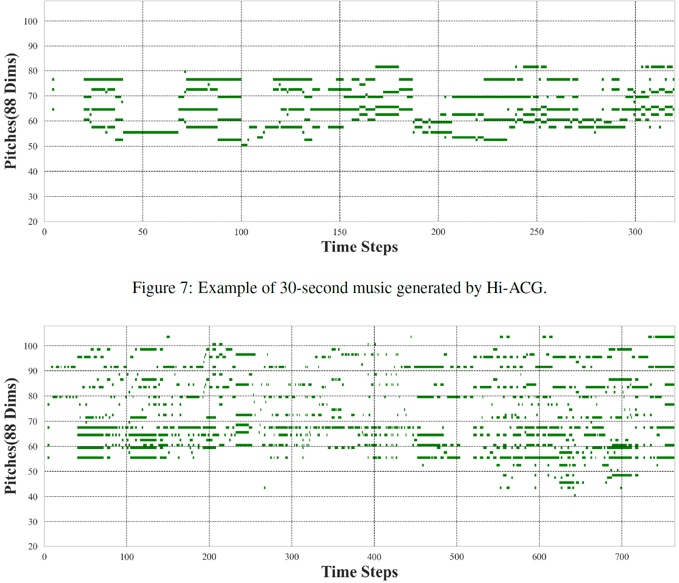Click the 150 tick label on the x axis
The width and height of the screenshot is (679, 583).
tap(339, 232)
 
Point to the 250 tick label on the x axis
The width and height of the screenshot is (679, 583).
tap(537, 232)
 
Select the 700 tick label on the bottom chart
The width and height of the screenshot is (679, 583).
tap(622, 557)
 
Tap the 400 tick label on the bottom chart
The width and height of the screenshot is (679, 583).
tap(374, 557)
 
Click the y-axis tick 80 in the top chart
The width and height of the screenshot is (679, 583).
tap(33, 71)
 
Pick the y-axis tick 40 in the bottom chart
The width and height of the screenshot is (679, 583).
tap(33, 497)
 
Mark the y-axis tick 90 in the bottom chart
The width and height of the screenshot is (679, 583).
tap(33, 371)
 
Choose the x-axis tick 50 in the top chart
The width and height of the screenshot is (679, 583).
tap(143, 232)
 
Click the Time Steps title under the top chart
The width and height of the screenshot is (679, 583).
tap(359, 247)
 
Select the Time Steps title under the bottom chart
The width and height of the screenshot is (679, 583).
tap(359, 572)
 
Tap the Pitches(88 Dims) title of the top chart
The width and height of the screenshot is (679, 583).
tap(11, 111)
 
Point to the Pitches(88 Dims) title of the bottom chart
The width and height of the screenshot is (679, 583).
tap(11, 436)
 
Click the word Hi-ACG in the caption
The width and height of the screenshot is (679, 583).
tap(516, 288)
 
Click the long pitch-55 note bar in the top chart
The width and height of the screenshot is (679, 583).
tap(151, 132)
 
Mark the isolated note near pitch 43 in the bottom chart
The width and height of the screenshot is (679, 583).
tap(264, 488)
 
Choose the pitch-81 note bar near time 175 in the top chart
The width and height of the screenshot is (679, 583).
tap(387, 67)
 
